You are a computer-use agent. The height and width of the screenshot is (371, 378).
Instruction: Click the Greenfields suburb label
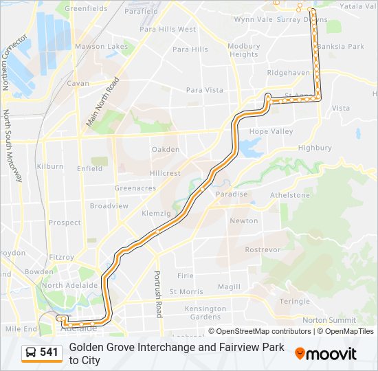[x=86, y=8]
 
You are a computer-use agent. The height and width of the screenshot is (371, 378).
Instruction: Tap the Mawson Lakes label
[x=101, y=47]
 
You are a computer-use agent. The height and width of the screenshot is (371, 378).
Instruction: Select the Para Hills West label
[x=168, y=30]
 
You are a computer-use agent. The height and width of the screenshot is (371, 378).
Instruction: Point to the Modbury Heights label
[x=244, y=50]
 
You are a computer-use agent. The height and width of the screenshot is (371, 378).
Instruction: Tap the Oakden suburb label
[x=166, y=149]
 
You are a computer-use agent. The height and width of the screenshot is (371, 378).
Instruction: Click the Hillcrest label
[x=166, y=174]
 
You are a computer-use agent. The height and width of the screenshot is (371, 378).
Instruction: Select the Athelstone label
[x=290, y=195]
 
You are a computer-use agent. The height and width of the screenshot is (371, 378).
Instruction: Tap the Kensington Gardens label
[x=206, y=313]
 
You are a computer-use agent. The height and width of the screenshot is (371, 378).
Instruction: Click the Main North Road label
[x=104, y=102]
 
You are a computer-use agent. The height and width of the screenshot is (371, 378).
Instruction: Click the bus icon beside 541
[x=31, y=352]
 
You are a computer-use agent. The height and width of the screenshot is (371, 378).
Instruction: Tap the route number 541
[x=49, y=352]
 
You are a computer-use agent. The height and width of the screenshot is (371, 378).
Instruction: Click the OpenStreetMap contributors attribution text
[x=264, y=331]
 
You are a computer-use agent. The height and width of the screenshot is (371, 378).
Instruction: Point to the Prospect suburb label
[x=65, y=223]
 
